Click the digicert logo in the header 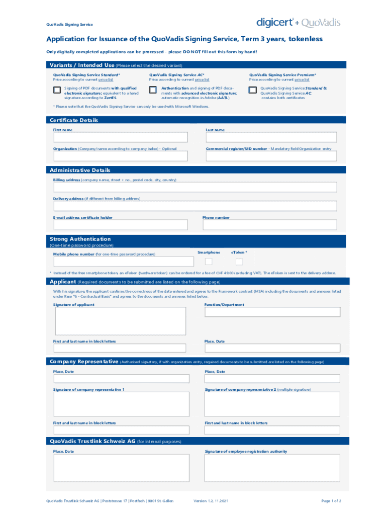[x=275, y=22]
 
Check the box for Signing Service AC [x=153, y=90]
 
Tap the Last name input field [x=271, y=137]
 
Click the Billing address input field [x=195, y=187]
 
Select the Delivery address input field [x=195, y=206]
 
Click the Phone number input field [x=269, y=225]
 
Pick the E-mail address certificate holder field [x=120, y=225]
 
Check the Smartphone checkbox [x=209, y=262]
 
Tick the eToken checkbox [x=239, y=262]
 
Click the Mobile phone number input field [x=123, y=262]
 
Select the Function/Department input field [x=271, y=312]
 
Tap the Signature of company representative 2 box [x=271, y=405]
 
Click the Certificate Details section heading [x=74, y=120]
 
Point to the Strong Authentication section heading [x=80, y=239]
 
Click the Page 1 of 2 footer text [x=331, y=501]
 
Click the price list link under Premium [x=302, y=79]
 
